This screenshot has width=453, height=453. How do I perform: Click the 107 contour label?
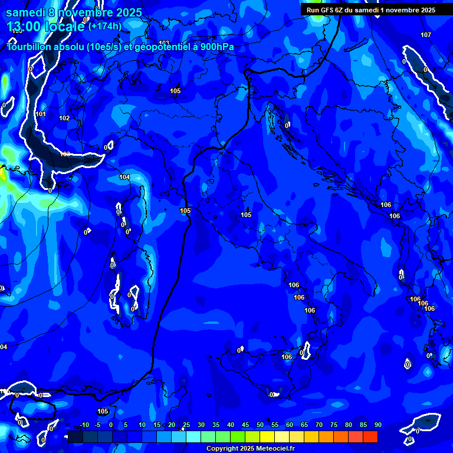point(426,35)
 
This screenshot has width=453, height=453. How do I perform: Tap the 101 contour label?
point(41,114)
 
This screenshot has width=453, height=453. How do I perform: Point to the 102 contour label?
point(64,118)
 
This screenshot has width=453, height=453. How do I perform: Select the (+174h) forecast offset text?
point(105,26)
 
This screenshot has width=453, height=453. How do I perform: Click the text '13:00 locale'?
point(46,26)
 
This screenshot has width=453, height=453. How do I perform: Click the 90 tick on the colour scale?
point(377,425)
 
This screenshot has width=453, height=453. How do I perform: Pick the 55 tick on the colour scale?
point(274,425)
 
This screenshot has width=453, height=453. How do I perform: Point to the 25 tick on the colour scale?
point(186,425)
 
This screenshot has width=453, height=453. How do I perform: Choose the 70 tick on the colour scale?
point(319,425)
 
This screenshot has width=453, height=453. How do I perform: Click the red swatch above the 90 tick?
point(370,436)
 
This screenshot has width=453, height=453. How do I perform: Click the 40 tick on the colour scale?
point(230,425)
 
